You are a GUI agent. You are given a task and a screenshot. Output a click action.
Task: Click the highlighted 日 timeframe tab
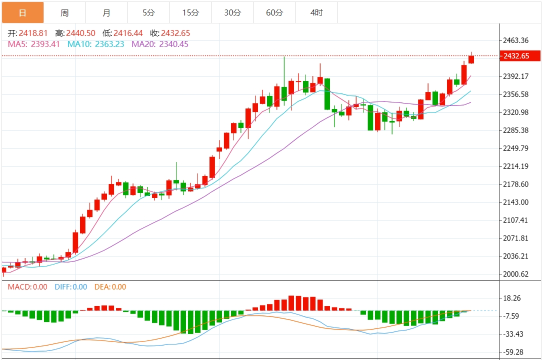(x=22, y=12)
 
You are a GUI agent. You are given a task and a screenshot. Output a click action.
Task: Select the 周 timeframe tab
(x=64, y=12)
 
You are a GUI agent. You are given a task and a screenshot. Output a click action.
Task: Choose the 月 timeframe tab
(x=106, y=12)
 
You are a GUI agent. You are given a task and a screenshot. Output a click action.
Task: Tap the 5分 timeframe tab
(x=148, y=12)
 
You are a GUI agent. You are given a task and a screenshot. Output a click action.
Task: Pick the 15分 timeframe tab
(x=190, y=12)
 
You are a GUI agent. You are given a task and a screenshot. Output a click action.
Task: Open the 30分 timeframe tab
(x=232, y=12)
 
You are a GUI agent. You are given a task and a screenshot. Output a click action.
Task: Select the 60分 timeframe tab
(x=274, y=12)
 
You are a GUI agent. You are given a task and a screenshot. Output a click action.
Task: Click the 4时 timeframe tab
(x=316, y=12)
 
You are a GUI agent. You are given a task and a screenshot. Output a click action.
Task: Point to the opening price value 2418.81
(x=33, y=33)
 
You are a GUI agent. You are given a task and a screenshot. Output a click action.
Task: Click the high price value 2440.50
(x=80, y=33)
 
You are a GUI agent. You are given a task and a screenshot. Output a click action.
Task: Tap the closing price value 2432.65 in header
(x=175, y=33)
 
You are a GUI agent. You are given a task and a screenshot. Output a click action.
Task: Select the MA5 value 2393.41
(x=45, y=44)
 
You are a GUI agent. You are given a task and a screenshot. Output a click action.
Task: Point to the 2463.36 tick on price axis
(x=517, y=40)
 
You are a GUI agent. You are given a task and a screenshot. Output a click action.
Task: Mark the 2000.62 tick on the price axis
(x=517, y=274)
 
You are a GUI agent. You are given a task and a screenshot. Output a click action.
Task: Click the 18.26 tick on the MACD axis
(x=513, y=298)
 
